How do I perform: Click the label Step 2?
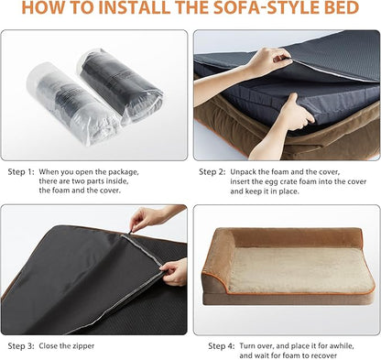click(x=212, y=171)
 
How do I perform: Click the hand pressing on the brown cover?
click(x=291, y=115)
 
